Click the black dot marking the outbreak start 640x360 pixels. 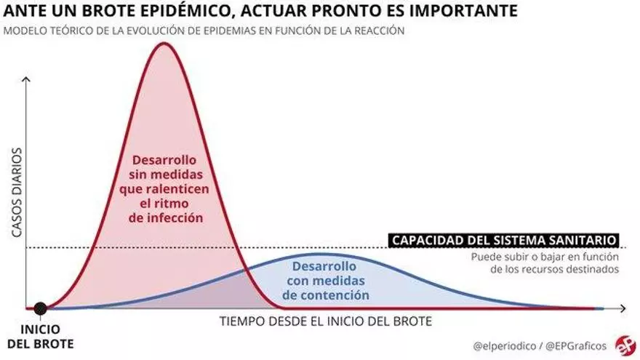41,308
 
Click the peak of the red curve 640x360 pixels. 164,44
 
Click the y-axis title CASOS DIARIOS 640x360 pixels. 17,193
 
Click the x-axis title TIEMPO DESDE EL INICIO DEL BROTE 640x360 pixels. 325,321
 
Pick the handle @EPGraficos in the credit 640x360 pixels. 577,345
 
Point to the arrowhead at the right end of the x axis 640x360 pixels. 623,308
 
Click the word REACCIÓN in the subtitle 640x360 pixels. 379,31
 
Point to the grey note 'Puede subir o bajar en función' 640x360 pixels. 545,257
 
